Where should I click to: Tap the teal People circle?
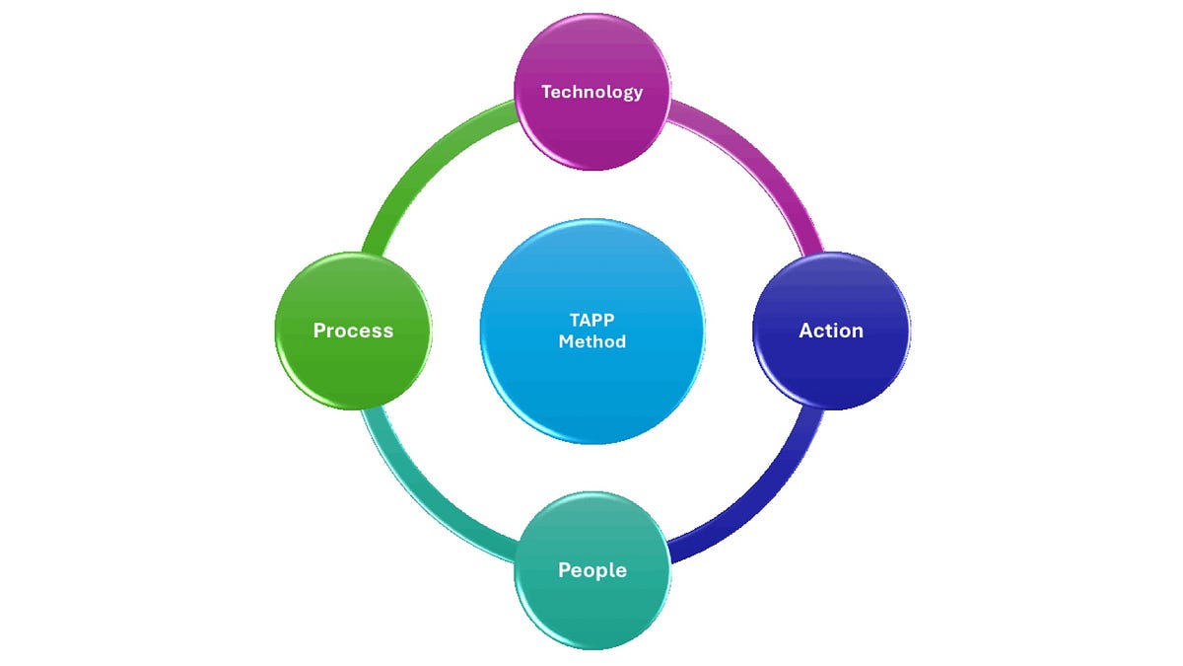592,602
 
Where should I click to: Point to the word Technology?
592,92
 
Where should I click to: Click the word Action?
831,331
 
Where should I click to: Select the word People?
592,570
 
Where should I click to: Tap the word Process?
353,331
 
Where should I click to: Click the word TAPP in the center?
592,321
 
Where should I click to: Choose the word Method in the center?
592,341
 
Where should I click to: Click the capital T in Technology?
546,92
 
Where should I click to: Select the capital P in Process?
319,331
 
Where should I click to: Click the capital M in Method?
566,341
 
